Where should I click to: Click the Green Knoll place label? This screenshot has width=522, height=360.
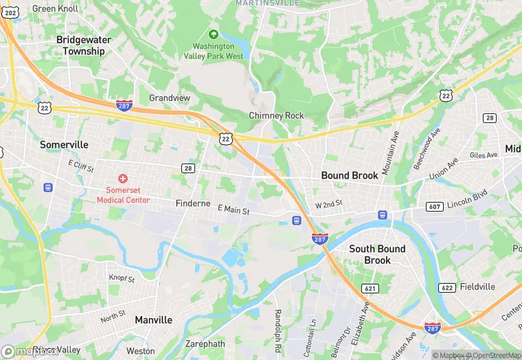[x=54, y=9]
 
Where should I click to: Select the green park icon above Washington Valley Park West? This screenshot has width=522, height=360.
[x=213, y=34]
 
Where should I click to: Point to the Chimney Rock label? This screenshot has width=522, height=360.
[x=276, y=116]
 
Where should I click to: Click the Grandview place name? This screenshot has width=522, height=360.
[x=170, y=98]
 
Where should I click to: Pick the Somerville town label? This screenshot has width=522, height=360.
[x=64, y=145]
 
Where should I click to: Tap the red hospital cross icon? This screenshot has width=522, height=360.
[x=123, y=179]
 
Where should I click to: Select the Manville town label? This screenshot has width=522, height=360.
[x=154, y=320]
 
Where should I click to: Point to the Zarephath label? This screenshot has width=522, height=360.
[x=205, y=344]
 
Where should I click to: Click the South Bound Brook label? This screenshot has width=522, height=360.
[x=377, y=254]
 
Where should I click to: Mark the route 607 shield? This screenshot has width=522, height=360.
[x=435, y=207]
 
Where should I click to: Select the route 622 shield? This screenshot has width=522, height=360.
[x=446, y=288]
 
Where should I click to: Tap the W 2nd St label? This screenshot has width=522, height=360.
[x=328, y=205]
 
